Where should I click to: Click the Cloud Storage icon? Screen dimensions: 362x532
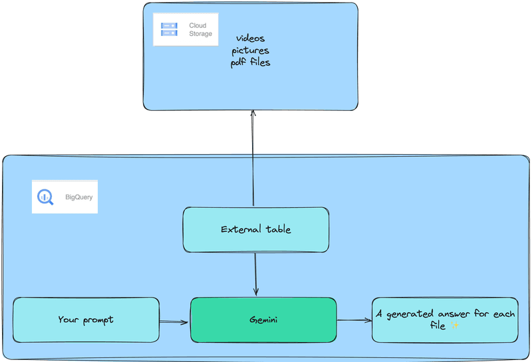169,29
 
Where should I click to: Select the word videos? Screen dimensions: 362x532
250,39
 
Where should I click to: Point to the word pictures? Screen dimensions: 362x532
250,50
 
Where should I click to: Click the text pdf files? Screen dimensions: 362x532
250,62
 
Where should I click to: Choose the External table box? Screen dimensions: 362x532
256,230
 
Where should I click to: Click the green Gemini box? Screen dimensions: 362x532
263,320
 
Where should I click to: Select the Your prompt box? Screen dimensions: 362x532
86,320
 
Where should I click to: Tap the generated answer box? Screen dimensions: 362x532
445,320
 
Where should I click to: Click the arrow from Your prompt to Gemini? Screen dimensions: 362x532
175,322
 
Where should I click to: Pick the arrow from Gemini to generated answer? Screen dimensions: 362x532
354,321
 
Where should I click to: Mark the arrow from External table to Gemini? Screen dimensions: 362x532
255,274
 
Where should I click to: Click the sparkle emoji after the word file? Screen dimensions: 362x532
456,326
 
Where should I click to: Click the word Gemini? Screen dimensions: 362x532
263,320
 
